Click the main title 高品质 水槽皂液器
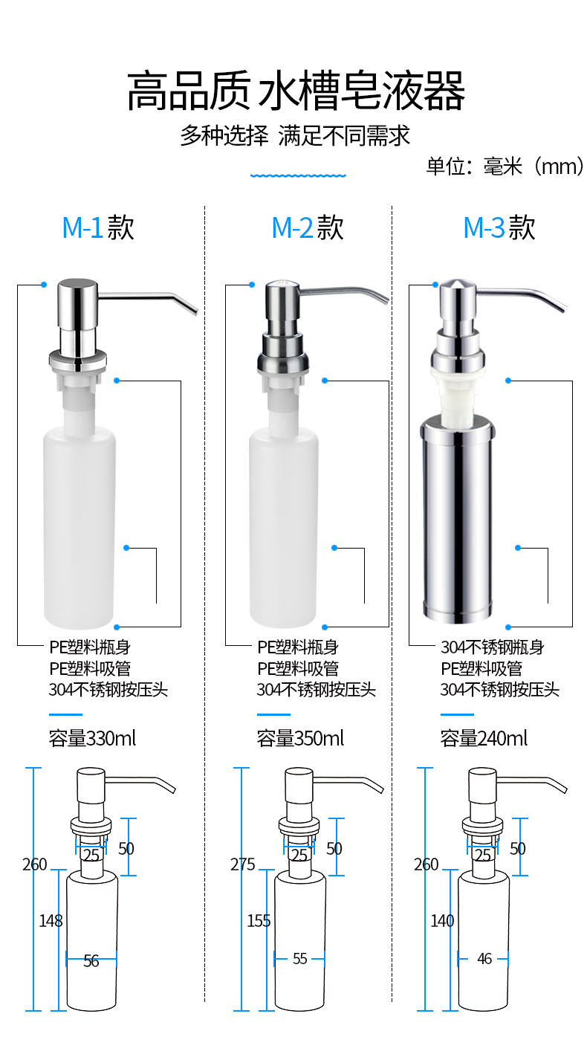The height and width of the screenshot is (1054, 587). coord(296,91)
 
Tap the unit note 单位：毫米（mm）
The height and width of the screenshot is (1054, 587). coord(505,166)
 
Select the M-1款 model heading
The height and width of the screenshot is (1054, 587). coord(98,227)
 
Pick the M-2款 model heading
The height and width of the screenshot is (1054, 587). coord(308,227)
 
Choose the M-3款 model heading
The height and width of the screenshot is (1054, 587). coord(499,227)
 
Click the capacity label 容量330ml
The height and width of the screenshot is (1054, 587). coord(92,738)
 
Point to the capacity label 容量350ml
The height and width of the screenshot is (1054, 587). coord(300,738)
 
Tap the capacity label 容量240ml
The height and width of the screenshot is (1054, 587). coord(484,738)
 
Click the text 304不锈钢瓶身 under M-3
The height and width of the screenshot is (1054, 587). coord(492,647)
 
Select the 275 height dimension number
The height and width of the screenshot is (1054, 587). coord(243,864)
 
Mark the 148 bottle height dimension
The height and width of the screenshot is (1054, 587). coord(51,921)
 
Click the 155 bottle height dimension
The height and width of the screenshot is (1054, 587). coord(259,921)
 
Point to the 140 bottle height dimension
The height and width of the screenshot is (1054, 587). coord(442,921)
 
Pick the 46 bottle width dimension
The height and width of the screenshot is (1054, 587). coord(484,958)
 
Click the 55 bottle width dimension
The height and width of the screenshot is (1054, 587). coord(299,958)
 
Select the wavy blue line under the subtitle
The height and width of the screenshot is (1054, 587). coord(298,175)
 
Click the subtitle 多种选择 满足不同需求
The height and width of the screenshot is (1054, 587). coord(296,136)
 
